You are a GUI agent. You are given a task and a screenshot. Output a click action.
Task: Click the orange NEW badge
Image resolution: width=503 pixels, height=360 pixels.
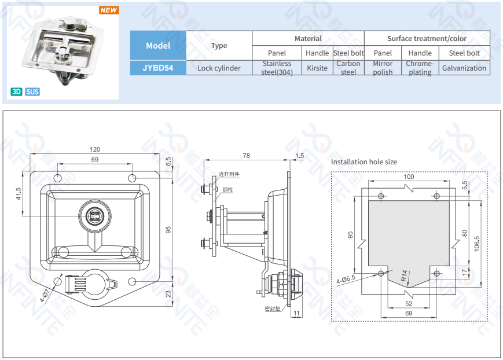pos(109,10)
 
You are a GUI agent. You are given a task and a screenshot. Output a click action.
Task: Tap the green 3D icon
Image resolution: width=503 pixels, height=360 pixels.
pos(16,92)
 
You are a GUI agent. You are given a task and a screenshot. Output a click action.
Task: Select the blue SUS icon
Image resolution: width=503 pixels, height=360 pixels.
pos(32,92)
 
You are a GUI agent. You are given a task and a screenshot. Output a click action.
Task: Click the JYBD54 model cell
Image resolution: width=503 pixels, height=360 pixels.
pos(158,68)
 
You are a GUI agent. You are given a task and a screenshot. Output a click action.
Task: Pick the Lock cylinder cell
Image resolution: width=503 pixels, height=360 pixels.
pos(219,68)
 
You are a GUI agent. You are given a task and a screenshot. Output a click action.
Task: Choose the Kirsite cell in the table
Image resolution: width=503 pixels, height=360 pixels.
pos(317,68)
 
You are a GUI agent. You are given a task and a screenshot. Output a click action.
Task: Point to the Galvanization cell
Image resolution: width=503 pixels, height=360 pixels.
pos(464,68)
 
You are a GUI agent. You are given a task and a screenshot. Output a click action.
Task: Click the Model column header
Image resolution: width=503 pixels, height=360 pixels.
pos(158,46)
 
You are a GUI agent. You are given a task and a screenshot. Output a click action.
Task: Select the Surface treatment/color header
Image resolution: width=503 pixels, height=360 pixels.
pos(427,39)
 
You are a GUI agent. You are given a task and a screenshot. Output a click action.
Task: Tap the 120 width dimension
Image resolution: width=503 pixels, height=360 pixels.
pos(95,149)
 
